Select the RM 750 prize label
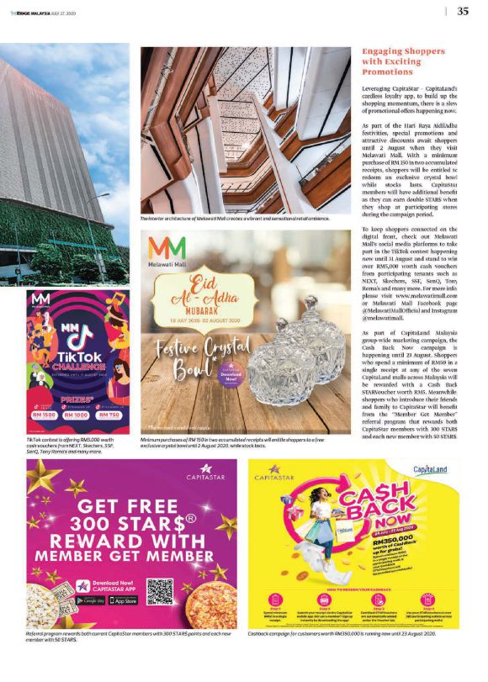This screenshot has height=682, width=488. [x=109, y=415]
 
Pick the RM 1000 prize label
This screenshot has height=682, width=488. [x=77, y=415]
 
